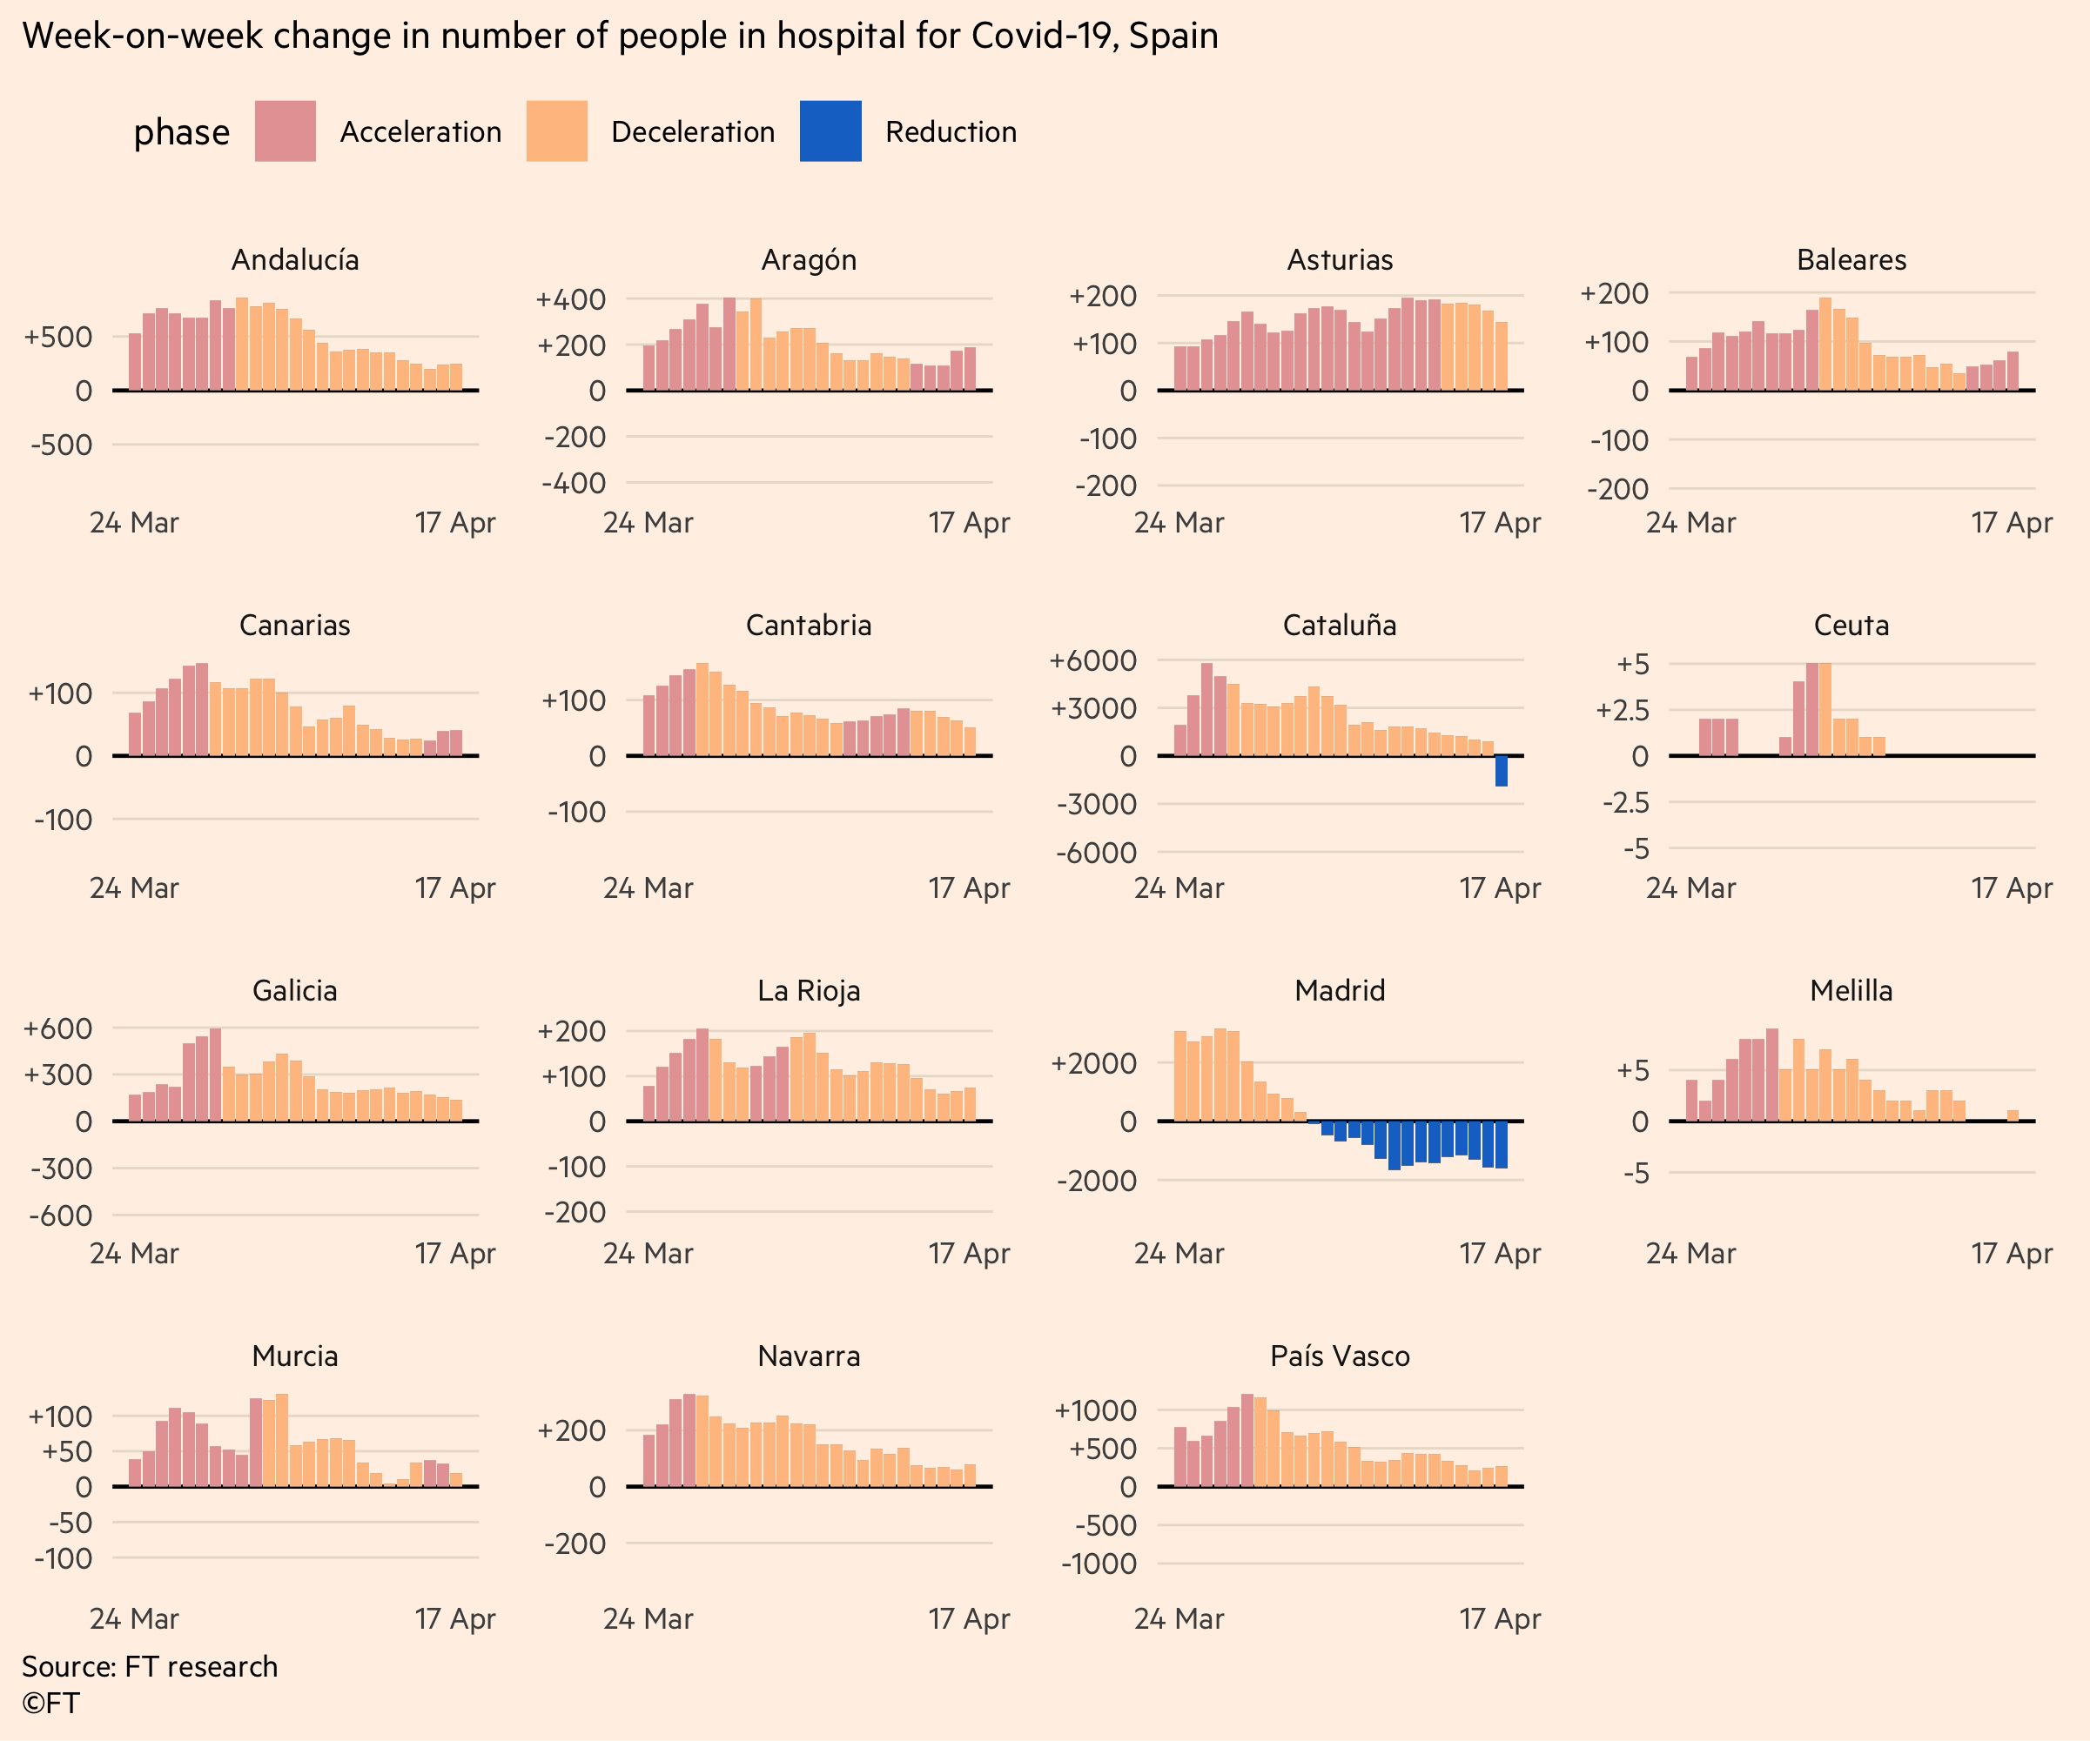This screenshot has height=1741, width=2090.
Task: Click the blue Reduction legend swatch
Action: tap(830, 131)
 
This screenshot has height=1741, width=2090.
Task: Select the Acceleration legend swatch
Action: tap(285, 131)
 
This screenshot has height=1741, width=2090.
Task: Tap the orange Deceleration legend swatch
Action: tap(556, 131)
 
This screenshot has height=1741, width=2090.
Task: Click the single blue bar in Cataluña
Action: tap(1501, 771)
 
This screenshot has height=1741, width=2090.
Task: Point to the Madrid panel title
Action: tap(1340, 991)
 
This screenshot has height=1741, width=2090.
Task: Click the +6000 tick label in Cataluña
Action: tap(1092, 660)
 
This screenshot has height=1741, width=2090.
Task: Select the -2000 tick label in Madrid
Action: tap(1096, 1181)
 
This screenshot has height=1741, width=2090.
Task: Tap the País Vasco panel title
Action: tap(1340, 1356)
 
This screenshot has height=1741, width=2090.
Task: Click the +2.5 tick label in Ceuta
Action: tap(1623, 710)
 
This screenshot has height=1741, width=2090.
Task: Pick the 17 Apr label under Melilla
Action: tap(2012, 1254)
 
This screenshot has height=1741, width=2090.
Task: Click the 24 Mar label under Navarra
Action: tap(648, 1618)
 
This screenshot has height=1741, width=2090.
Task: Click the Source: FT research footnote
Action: tap(151, 1666)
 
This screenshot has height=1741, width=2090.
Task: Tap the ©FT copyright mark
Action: tap(50, 1704)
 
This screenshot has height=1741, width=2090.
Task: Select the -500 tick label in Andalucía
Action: tap(62, 445)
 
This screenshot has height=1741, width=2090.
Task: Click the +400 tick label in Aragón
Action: tap(570, 299)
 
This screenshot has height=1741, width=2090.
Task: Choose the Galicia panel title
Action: tap(294, 991)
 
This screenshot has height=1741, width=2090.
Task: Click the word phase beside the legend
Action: tap(181, 132)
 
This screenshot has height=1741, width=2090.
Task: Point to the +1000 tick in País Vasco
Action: tap(1095, 1410)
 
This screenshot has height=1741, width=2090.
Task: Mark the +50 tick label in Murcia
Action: tap(67, 1451)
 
